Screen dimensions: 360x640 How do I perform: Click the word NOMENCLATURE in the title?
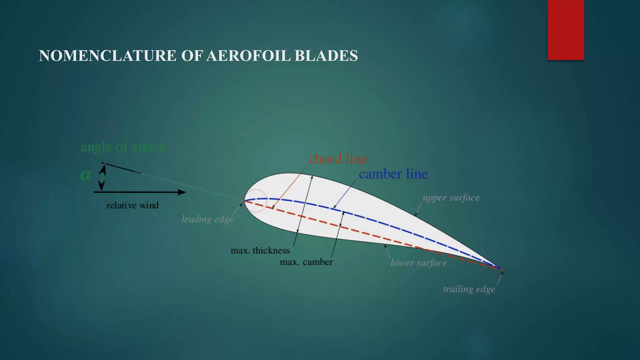(107, 56)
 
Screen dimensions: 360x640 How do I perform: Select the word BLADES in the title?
(326, 56)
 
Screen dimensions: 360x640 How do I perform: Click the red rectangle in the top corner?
(566, 30)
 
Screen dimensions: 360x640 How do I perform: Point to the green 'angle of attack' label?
(123, 147)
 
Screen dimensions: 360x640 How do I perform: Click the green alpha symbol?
(86, 175)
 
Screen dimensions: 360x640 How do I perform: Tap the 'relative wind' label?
(132, 205)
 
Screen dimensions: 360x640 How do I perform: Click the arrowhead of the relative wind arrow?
(182, 192)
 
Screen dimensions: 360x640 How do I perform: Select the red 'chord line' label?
(337, 159)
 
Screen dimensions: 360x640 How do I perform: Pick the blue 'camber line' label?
(393, 174)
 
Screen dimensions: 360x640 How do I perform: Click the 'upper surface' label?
(451, 197)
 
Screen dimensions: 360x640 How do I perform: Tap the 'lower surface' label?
(418, 263)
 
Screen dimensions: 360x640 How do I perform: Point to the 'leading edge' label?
(207, 219)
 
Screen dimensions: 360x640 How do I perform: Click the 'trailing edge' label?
(469, 289)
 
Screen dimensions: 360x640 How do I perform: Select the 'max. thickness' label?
(260, 250)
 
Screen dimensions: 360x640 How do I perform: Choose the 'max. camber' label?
(306, 262)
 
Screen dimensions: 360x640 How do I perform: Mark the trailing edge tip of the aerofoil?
(502, 269)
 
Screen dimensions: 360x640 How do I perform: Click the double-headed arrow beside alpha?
(102, 177)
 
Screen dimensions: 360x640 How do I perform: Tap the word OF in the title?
(192, 56)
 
